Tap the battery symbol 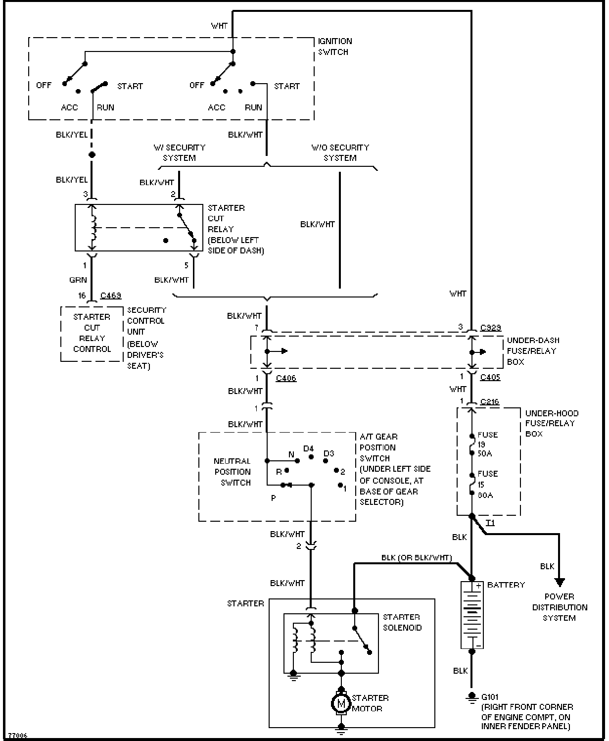pyautogui.click(x=471, y=615)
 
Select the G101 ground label pyautogui.click(x=490, y=697)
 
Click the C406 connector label pyautogui.click(x=286, y=378)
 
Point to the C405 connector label pyautogui.click(x=490, y=377)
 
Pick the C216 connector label pyautogui.click(x=490, y=401)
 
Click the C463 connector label pyautogui.click(x=111, y=296)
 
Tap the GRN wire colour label pyautogui.click(x=78, y=280)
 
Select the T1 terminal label pyautogui.click(x=490, y=523)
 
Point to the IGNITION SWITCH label pyautogui.click(x=335, y=47)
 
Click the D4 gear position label pyautogui.click(x=308, y=448)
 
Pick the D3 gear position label pyautogui.click(x=328, y=453)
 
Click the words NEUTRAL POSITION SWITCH pyautogui.click(x=233, y=472)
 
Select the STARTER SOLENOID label pyautogui.click(x=402, y=622)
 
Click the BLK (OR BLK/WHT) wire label pyautogui.click(x=417, y=557)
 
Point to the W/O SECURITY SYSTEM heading pyautogui.click(x=340, y=152)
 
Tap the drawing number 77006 pyautogui.click(x=17, y=735)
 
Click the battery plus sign pyautogui.click(x=478, y=586)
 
